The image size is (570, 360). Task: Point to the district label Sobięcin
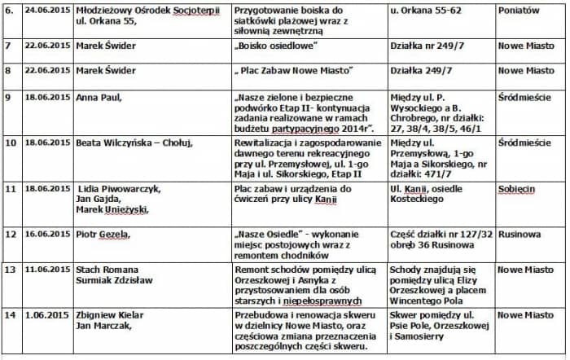pos(519,188)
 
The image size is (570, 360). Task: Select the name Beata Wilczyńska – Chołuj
pos(134,143)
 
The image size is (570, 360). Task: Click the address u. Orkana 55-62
pos(427,11)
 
